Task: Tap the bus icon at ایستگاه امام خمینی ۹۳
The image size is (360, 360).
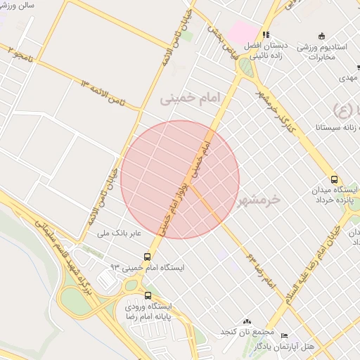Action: tap(147, 257)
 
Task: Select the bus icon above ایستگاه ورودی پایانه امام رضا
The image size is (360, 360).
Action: tap(148, 295)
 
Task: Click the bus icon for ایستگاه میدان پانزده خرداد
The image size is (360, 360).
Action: tap(333, 179)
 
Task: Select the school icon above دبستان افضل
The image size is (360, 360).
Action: tap(266, 34)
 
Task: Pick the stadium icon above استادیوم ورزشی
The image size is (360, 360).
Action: tap(322, 36)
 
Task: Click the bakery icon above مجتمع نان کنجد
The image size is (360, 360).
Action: tap(246, 320)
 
